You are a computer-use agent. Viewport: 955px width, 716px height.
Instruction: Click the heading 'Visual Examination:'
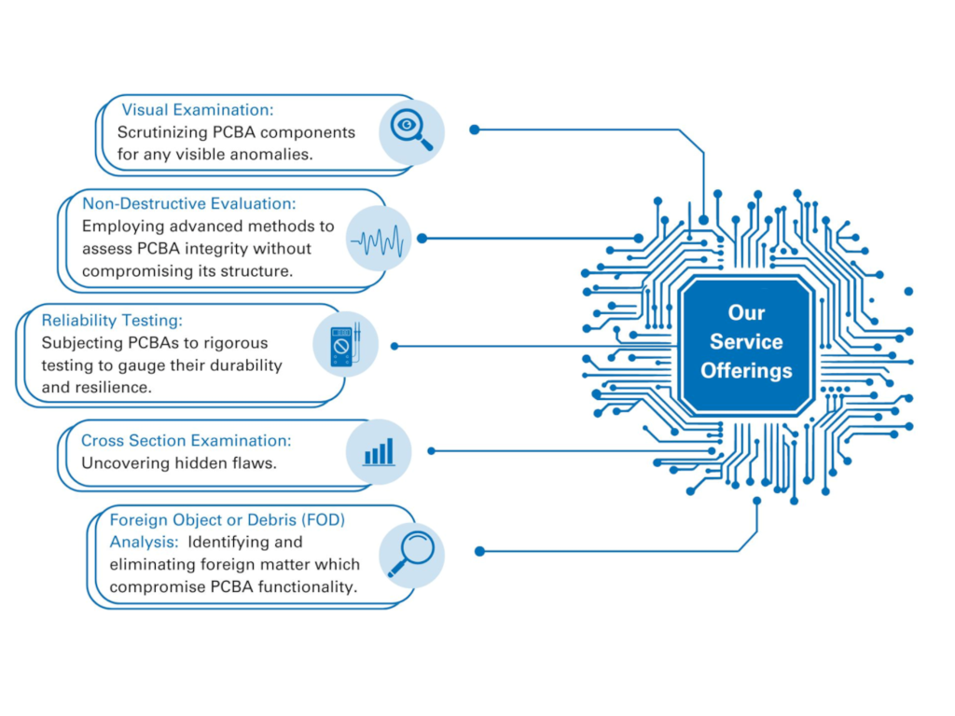198,110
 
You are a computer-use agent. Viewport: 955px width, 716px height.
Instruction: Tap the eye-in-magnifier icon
411,131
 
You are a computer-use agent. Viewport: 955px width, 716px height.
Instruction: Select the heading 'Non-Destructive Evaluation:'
188,203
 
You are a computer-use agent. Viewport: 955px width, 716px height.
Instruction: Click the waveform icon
379,240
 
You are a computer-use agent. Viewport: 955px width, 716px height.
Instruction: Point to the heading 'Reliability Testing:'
112,321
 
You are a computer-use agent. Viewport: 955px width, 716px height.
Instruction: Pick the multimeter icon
345,345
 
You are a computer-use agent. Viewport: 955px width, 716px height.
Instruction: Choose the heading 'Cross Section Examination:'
187,440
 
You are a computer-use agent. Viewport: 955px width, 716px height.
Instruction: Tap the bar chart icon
379,452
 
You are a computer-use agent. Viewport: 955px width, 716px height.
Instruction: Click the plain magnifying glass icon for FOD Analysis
411,554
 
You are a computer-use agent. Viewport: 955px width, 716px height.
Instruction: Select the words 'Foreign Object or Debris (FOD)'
228,520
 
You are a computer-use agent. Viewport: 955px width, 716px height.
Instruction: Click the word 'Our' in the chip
746,312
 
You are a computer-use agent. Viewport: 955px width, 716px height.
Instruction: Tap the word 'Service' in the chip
746,341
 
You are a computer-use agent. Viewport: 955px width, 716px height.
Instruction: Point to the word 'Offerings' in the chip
746,371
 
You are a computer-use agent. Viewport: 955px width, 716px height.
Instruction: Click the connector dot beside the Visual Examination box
475,130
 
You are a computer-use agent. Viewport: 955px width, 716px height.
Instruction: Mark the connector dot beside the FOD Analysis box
480,552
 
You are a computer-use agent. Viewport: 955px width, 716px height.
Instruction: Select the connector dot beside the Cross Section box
431,451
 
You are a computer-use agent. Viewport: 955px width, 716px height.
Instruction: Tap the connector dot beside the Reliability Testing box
394,347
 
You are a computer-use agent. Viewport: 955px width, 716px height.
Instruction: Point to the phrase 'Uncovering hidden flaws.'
179,463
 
